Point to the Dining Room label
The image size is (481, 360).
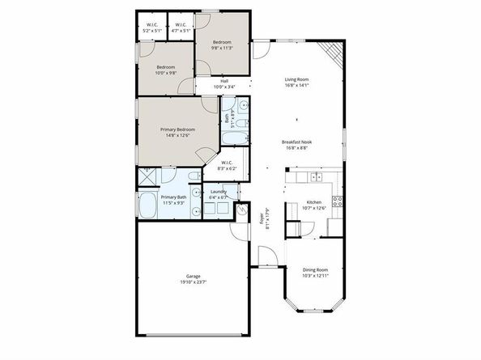[315, 272]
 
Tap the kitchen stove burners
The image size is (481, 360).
[338, 202]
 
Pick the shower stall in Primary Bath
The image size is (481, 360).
[147, 176]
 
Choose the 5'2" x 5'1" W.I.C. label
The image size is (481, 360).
[152, 28]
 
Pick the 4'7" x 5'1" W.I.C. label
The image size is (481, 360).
[181, 28]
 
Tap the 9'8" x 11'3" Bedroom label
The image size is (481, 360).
[222, 45]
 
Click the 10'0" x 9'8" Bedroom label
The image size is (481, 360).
[166, 70]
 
